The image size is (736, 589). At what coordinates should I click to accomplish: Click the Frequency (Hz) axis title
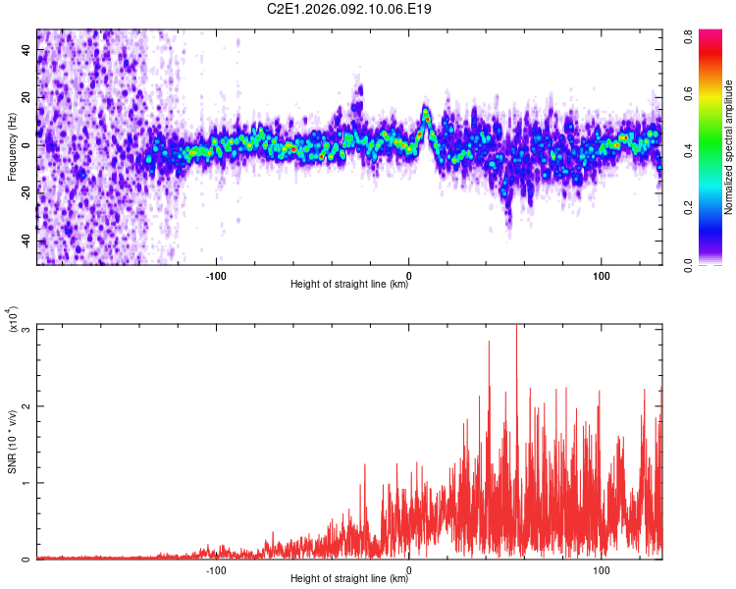tap(12, 147)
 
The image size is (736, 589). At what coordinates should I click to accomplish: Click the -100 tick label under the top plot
tap(216, 275)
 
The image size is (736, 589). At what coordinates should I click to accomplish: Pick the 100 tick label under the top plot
tap(601, 275)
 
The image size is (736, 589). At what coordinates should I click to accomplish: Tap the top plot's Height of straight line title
tap(349, 285)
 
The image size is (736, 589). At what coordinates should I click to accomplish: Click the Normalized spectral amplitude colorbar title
tap(728, 147)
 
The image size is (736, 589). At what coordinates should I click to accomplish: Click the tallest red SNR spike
tap(516, 328)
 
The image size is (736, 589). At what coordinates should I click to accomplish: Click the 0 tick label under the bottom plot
tap(408, 569)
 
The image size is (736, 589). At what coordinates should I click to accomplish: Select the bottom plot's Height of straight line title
tap(349, 579)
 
